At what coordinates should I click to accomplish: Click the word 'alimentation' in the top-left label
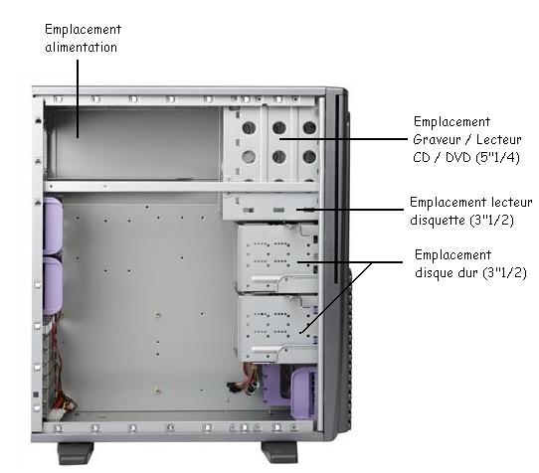[82, 47]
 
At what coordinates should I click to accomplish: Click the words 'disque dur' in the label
[447, 272]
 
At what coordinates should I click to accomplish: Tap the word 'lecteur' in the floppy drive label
[511, 202]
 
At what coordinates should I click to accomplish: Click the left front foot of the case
[76, 453]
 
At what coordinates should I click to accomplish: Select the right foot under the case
[279, 452]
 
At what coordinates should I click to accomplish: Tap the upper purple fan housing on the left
[53, 226]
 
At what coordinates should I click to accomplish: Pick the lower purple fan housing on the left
[53, 286]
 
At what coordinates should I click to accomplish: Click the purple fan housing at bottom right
[304, 393]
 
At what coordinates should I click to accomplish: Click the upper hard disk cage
[277, 258]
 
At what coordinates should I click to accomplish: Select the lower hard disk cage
[277, 329]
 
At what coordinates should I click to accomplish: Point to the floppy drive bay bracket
[271, 206]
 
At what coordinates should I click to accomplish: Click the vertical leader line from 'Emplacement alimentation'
[78, 99]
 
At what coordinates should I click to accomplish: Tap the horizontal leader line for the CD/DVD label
[343, 139]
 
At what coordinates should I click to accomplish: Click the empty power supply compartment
[132, 142]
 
